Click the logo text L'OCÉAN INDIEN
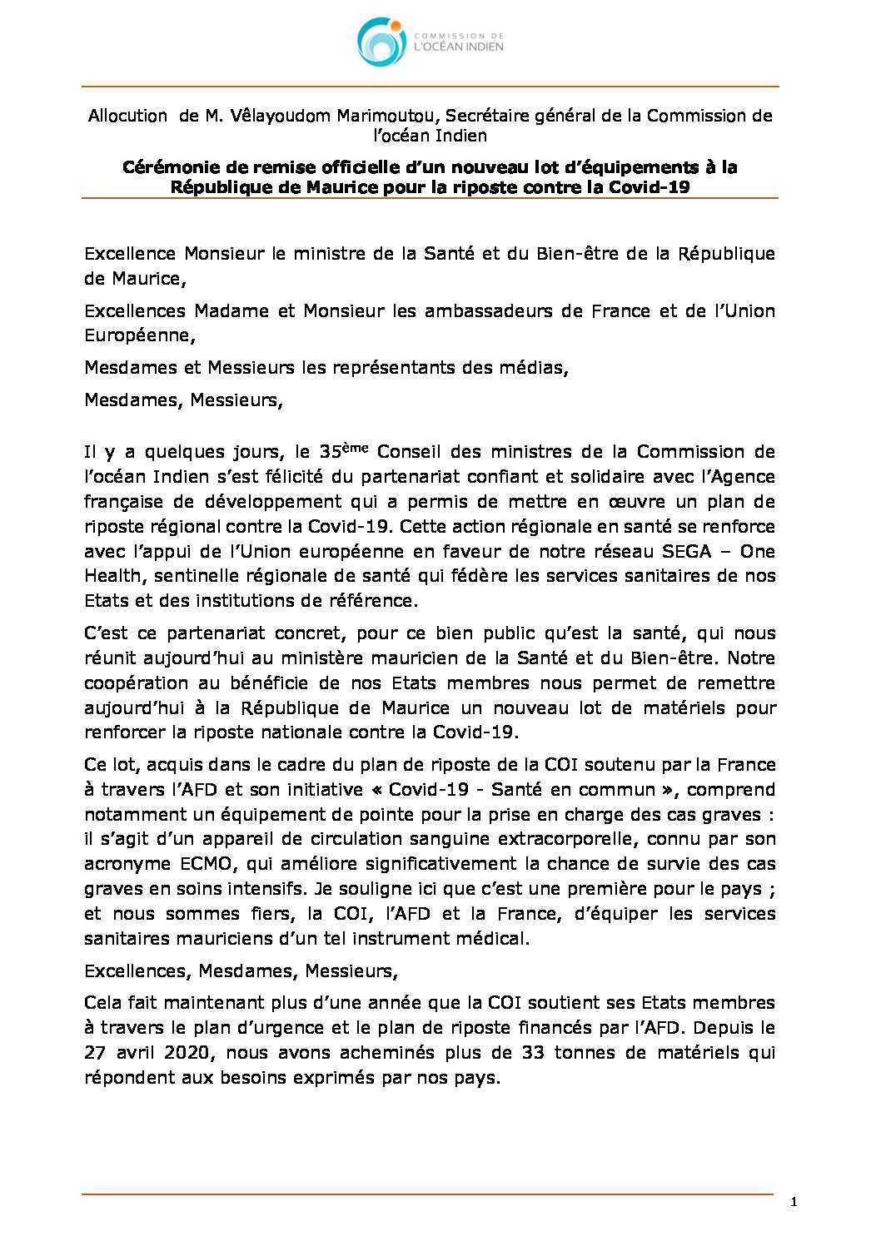[459, 47]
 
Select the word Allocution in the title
[127, 116]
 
